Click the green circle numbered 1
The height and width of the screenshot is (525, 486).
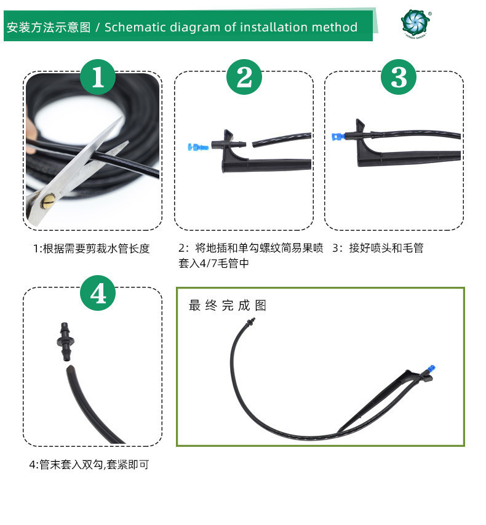pyautogui.click(x=98, y=77)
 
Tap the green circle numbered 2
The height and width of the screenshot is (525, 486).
pyautogui.click(x=244, y=77)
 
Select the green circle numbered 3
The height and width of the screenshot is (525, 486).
pyautogui.click(x=399, y=77)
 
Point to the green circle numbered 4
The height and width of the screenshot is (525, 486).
pyautogui.click(x=98, y=293)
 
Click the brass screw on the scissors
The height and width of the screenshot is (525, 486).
pyautogui.click(x=48, y=201)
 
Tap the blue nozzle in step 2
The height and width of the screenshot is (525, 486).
pyautogui.click(x=198, y=146)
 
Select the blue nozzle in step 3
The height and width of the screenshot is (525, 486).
pyautogui.click(x=338, y=137)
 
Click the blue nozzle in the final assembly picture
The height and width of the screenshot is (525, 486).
pyautogui.click(x=431, y=369)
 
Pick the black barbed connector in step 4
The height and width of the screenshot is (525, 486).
pyautogui.click(x=65, y=342)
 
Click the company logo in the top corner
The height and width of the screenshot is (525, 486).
pyautogui.click(x=416, y=24)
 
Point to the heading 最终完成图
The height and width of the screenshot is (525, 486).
pyautogui.click(x=228, y=305)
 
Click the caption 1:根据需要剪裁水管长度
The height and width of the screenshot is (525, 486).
pyautogui.click(x=92, y=249)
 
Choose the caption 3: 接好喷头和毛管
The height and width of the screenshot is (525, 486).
pyautogui.click(x=378, y=248)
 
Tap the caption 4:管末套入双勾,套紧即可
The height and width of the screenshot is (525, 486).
pyautogui.click(x=89, y=465)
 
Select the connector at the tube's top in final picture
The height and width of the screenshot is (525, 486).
pyautogui.click(x=250, y=323)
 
